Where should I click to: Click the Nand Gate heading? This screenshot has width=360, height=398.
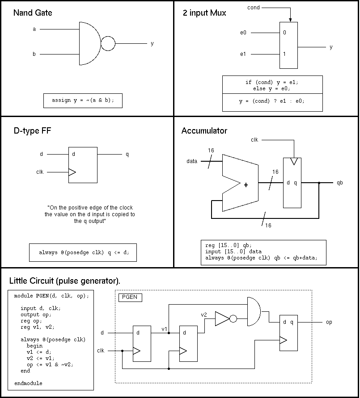[33, 13]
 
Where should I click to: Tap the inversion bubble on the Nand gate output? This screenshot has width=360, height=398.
[108, 44]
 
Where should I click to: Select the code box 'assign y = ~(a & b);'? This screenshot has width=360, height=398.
[83, 101]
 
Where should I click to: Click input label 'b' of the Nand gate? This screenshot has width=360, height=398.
[34, 54]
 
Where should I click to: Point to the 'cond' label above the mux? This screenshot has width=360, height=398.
[254, 8]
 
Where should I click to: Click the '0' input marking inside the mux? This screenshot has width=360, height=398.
[284, 33]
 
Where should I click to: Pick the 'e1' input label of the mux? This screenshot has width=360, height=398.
[243, 54]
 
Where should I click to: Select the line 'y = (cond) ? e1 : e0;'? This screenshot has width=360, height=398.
[272, 101]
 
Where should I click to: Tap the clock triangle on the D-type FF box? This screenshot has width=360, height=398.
[72, 172]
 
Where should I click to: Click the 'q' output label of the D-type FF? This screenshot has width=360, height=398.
[127, 155]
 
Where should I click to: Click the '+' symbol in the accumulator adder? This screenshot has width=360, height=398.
[246, 185]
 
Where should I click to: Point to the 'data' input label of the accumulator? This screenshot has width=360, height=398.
[192, 161]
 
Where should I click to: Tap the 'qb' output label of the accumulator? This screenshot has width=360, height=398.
[340, 183]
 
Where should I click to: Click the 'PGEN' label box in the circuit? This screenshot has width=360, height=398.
[130, 297]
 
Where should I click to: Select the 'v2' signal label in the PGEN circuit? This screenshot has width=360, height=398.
[203, 315]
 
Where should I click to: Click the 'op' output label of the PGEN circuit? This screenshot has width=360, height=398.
[329, 322]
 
